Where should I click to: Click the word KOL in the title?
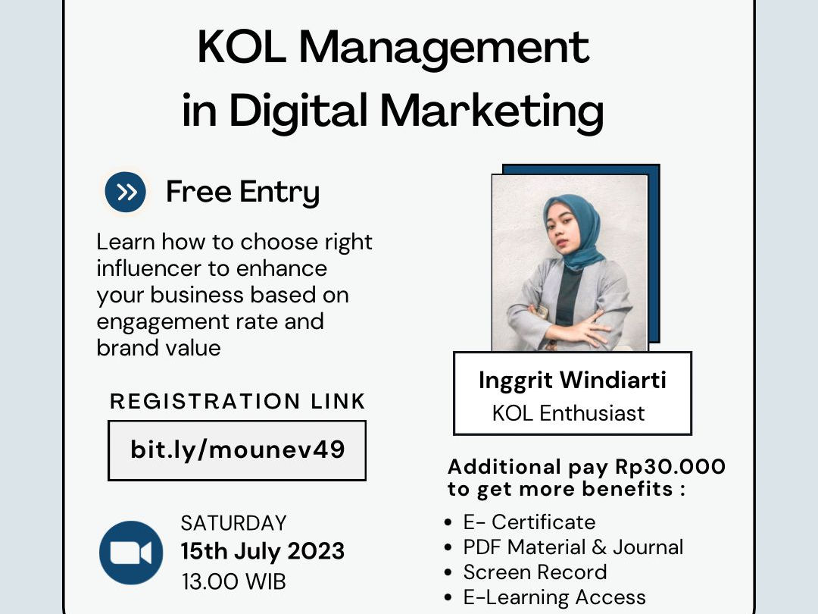[242, 47]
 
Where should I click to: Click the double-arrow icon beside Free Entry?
[125, 192]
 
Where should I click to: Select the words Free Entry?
[242, 193]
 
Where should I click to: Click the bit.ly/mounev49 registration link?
[237, 450]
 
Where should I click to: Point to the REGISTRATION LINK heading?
[237, 402]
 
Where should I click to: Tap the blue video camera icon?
[131, 553]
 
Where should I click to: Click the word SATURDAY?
[234, 523]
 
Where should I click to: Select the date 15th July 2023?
[263, 551]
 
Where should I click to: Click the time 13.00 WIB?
[234, 581]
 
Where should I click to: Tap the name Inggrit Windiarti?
[573, 381]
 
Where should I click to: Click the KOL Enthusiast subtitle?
[568, 414]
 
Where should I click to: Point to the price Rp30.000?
[670, 467]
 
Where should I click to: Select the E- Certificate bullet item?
[529, 522]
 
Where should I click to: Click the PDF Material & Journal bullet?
[573, 547]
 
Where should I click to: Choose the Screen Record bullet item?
[535, 572]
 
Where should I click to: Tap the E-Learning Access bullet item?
[554, 597]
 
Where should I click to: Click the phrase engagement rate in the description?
[188, 322]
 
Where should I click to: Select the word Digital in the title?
[298, 111]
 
